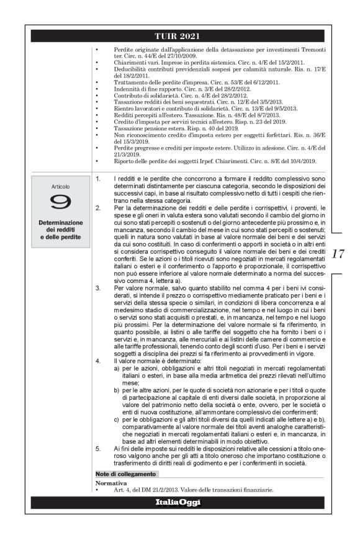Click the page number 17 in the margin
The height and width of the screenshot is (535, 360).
pos(338,254)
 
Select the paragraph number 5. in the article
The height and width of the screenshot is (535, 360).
pos(99,446)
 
